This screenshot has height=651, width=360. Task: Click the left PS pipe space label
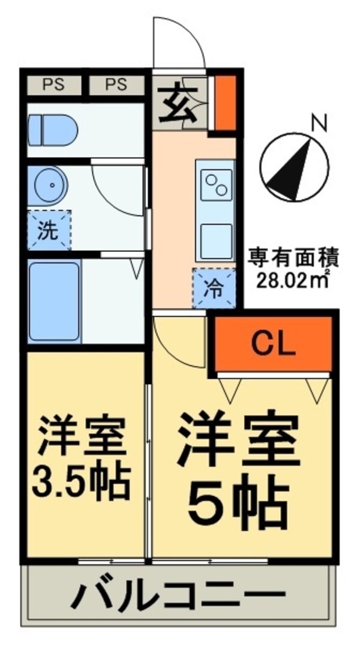(x=53, y=85)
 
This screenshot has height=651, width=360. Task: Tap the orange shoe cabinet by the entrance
(x=226, y=101)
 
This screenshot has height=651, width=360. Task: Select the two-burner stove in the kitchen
(x=215, y=182)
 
